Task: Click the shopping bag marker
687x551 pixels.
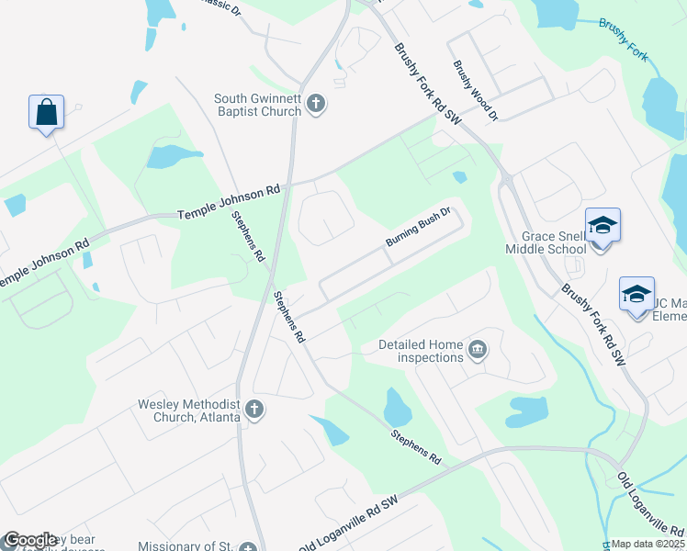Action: point(45,113)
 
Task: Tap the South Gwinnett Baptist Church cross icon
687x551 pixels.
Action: point(315,104)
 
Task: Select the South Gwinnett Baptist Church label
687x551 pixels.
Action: point(257,105)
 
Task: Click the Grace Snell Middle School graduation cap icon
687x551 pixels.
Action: point(603,226)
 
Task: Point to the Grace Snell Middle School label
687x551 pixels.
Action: point(546,242)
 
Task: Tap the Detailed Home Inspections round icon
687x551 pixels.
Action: point(477,349)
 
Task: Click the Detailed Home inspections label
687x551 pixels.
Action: point(421,352)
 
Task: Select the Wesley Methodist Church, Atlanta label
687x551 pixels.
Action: point(188,410)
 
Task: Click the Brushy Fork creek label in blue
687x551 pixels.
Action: point(624,39)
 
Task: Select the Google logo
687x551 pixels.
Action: point(30,540)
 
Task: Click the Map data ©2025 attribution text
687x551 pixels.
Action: point(648,544)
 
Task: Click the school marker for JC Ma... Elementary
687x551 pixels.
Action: point(636,294)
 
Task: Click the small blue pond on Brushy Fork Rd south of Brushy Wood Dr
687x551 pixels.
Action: point(459,176)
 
